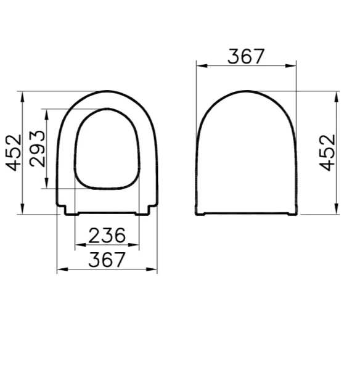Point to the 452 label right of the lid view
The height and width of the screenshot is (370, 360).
tap(328, 152)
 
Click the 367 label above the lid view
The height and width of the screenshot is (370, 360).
tap(246, 56)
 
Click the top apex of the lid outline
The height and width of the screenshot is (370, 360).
tap(247, 92)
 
